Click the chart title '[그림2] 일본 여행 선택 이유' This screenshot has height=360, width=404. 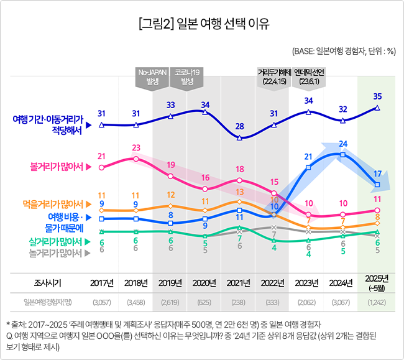tap(203, 24)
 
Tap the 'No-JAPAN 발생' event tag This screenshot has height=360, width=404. tap(151, 77)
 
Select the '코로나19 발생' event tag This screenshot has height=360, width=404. tap(187, 77)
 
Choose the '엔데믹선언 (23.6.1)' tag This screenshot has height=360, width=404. tap(308, 77)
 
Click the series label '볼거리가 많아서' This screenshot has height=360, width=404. tap(57, 166)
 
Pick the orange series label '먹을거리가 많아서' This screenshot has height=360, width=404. tap(53, 203)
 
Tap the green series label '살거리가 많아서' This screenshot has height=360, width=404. tap(57, 241)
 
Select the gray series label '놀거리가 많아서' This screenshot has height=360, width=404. tap(57, 252)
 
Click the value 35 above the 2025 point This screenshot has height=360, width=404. tap(377, 96)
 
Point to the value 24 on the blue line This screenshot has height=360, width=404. tap(342, 144)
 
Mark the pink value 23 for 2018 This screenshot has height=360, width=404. tap(136, 147)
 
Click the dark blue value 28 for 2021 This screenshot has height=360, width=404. tap(239, 127)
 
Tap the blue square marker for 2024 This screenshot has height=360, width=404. tap(342, 154)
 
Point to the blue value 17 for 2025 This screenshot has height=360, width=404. tap(377, 172)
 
